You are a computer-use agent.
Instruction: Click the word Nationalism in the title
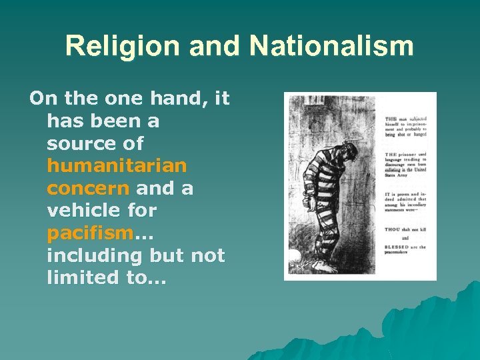click(x=331, y=47)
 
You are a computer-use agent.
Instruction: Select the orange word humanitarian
click(x=117, y=165)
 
